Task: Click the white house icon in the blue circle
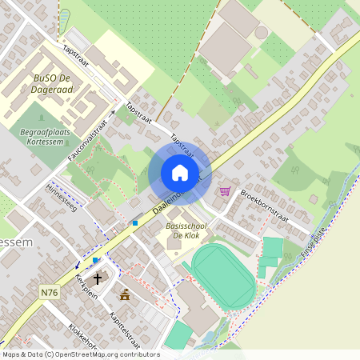(x=180, y=172)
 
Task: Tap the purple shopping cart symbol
(x=225, y=191)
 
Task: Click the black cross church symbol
(x=98, y=279)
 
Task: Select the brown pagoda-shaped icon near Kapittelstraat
(x=124, y=294)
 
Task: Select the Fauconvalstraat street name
(x=89, y=135)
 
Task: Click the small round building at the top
(x=262, y=33)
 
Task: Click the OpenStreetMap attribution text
(x=80, y=354)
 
